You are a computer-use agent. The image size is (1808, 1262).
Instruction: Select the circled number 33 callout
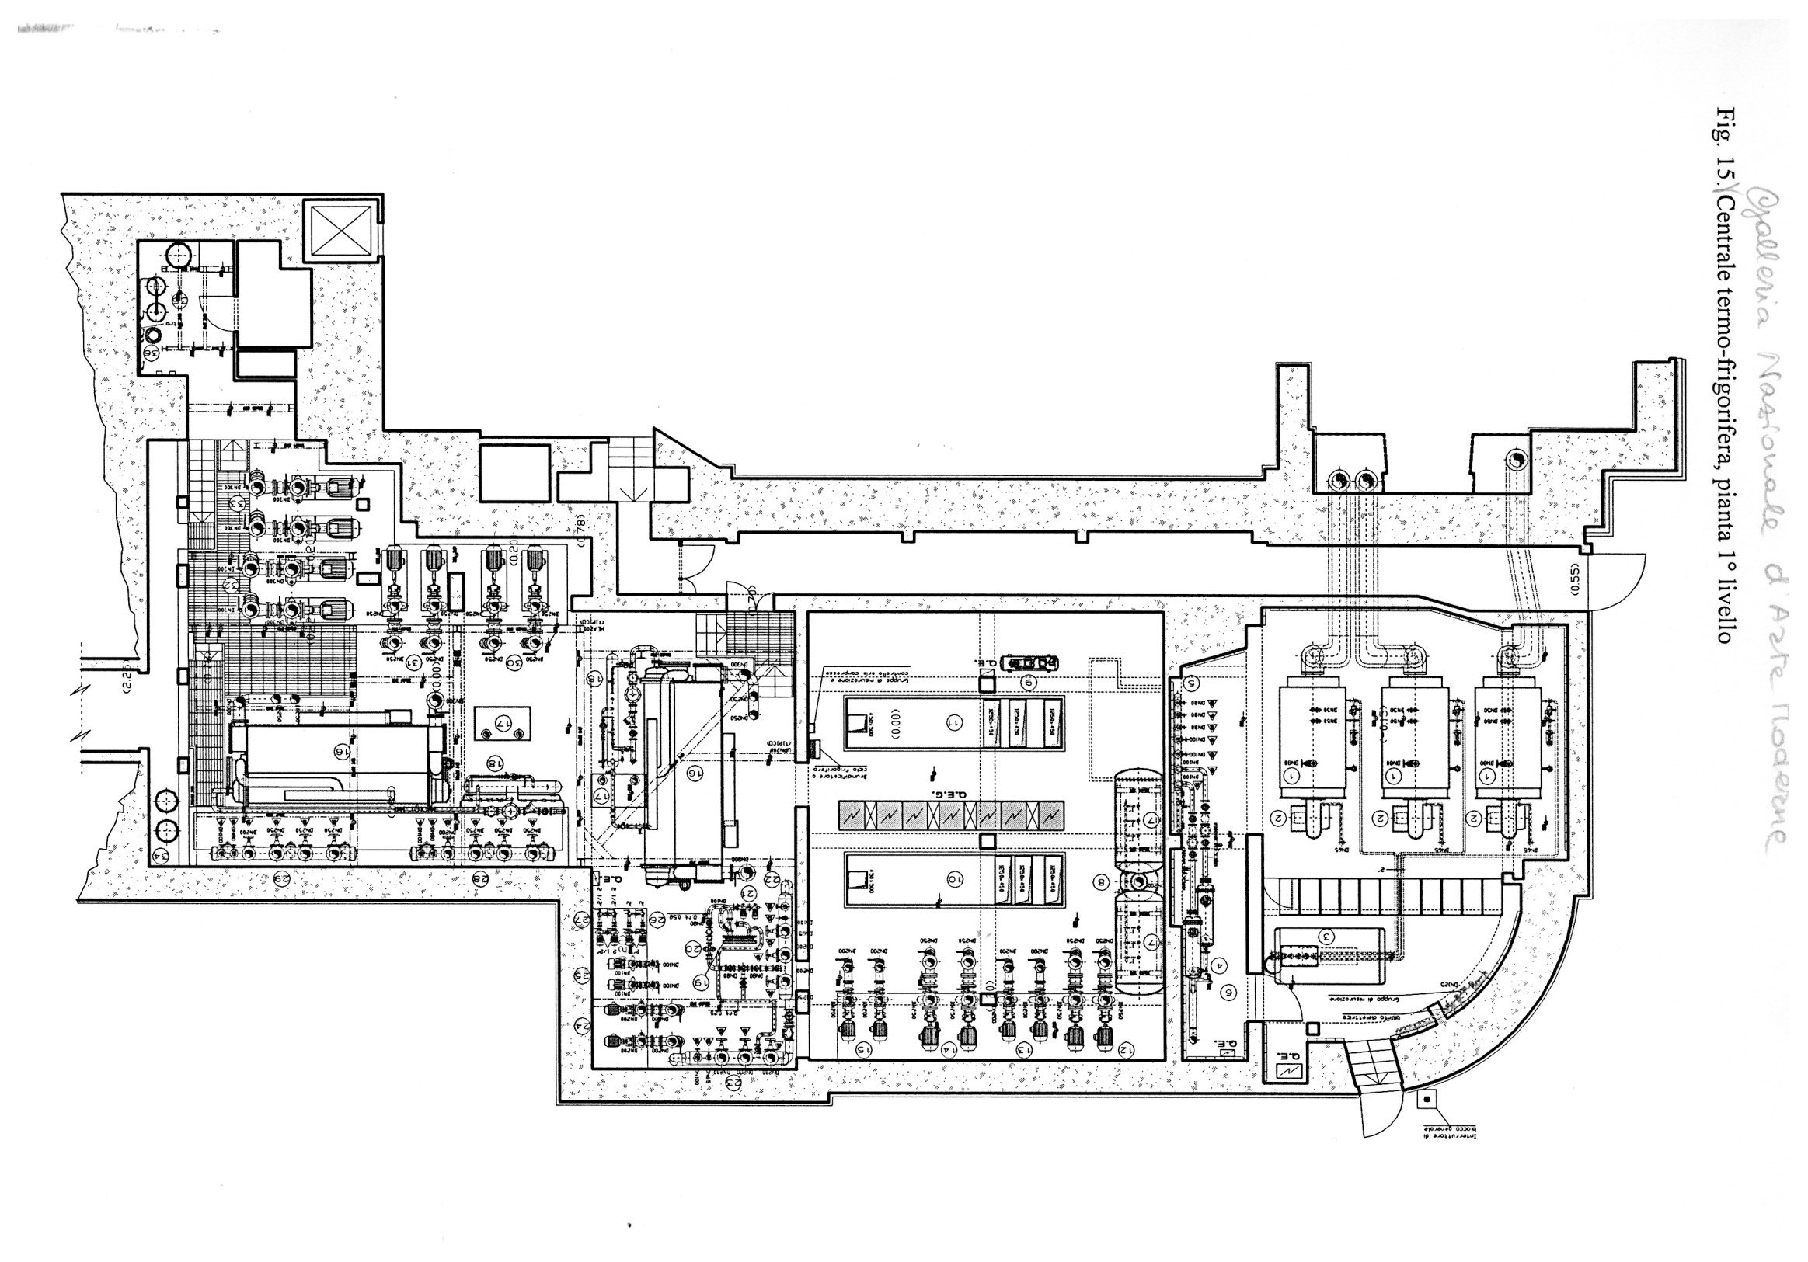[235, 504]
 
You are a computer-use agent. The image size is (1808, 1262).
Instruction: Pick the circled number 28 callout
[479, 877]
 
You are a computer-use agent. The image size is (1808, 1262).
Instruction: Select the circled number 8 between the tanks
[1101, 881]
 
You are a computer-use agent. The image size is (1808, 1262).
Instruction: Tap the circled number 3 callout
[1326, 937]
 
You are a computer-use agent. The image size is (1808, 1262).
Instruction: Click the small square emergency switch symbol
[1426, 1098]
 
